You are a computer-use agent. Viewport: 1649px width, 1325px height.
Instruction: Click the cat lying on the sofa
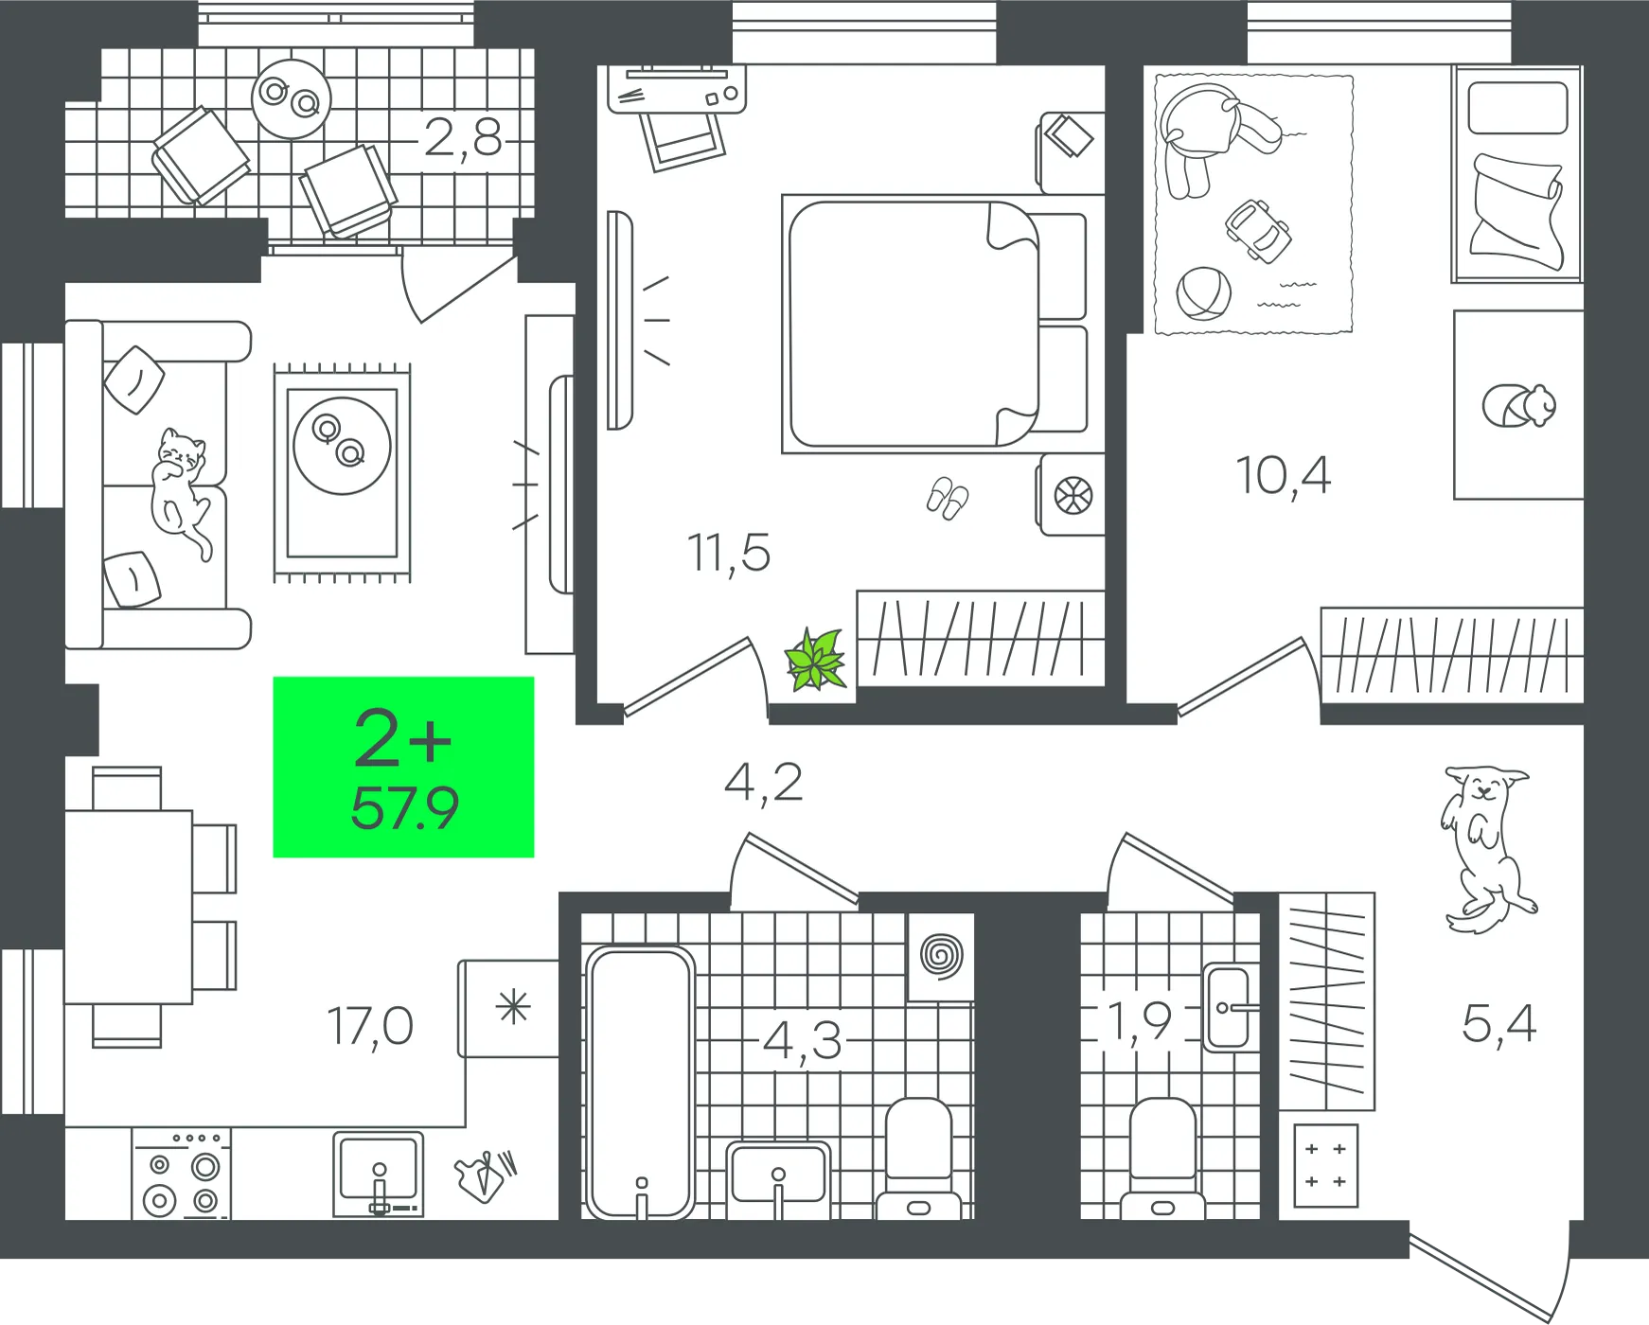180,492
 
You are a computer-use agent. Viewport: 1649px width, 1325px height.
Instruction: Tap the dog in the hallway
1484,847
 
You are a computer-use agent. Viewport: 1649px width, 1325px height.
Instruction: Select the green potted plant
815,660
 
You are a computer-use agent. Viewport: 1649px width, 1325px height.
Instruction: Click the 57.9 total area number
404,808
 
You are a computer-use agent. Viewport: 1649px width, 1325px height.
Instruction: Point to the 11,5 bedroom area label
728,553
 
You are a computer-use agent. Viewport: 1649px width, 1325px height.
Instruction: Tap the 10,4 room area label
1284,475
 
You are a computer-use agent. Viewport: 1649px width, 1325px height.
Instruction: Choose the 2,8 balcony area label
462,138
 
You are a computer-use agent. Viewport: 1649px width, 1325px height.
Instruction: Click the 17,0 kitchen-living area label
370,1026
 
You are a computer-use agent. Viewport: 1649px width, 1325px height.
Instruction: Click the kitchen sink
379,1174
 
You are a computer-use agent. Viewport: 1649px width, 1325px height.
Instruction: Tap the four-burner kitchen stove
181,1174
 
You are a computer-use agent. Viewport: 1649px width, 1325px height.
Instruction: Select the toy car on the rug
1258,229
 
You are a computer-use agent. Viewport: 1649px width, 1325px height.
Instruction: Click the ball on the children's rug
1203,293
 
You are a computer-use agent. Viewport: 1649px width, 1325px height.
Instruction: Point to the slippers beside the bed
948,498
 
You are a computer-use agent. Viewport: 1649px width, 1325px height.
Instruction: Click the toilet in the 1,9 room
1163,1159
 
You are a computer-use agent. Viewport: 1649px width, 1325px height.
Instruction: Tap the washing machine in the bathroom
941,956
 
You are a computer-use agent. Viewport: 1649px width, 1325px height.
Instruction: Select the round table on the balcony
292,98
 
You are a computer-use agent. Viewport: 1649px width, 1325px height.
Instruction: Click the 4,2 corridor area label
763,784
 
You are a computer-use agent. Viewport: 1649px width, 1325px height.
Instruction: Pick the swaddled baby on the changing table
1519,406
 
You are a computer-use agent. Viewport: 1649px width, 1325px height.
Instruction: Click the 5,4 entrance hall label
1499,1024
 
